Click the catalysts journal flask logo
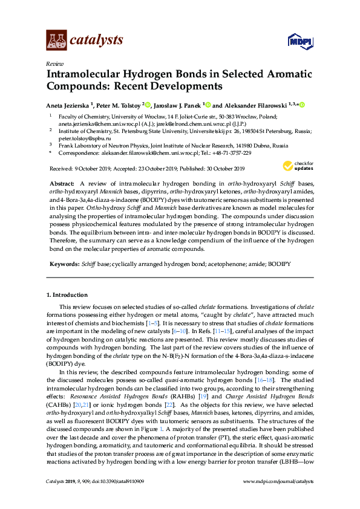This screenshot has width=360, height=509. [x=57, y=40]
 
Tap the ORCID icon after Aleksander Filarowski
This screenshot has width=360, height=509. [x=301, y=104]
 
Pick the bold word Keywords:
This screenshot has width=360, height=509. [x=64, y=264]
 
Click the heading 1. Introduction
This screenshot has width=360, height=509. [x=67, y=295]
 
